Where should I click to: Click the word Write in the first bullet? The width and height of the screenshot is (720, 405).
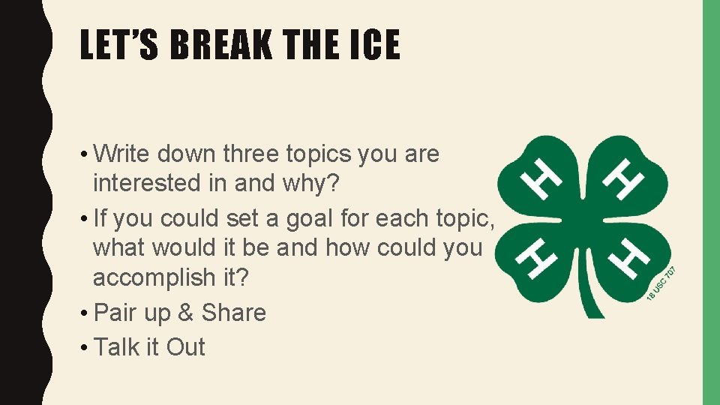click(126, 154)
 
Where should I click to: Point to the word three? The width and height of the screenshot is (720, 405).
click(250, 154)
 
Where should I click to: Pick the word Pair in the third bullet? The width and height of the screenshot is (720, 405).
click(116, 313)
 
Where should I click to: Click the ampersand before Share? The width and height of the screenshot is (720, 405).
click(187, 313)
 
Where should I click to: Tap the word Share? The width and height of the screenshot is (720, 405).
click(234, 313)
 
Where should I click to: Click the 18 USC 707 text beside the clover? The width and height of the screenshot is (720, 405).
click(663, 285)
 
